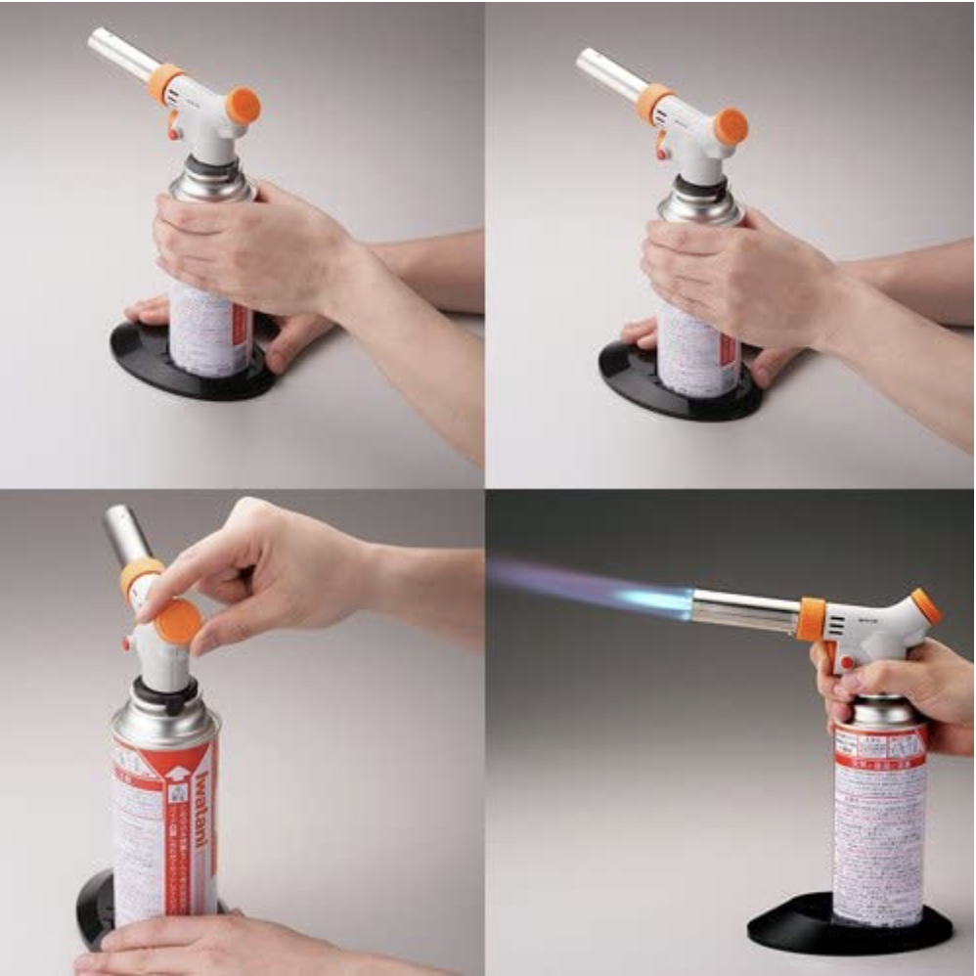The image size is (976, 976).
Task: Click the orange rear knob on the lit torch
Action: pos(925,606)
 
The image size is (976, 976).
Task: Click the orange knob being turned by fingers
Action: pos(179,622)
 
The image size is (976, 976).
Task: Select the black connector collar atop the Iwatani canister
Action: pos(161,696)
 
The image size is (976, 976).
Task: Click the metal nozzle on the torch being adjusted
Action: pos(125,534)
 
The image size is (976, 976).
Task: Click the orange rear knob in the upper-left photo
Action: pos(243,105)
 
